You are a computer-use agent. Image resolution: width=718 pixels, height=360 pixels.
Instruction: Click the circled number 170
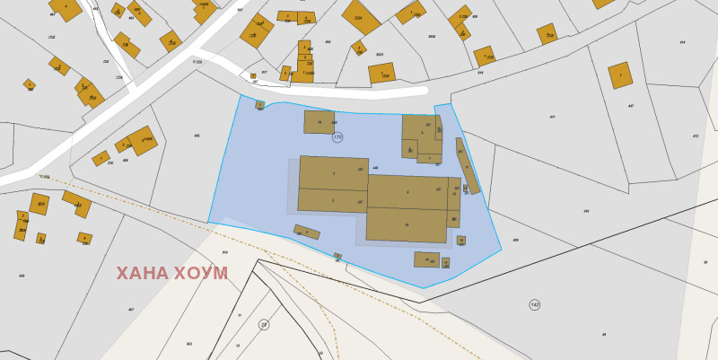click(x=337, y=137)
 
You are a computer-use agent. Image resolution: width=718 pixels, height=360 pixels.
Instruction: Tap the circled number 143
click(x=535, y=305)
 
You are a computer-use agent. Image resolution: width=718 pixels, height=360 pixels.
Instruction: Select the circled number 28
click(x=264, y=325)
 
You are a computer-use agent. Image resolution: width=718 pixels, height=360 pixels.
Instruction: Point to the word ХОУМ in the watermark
click(x=201, y=274)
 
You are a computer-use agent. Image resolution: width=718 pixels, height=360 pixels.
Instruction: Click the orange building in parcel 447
click(x=620, y=75)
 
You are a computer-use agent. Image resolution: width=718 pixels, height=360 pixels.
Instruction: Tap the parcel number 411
click(x=552, y=117)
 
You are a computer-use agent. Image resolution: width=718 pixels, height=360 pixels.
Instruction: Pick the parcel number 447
click(x=631, y=106)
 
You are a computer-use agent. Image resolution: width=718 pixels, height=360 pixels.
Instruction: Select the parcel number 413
click(x=696, y=136)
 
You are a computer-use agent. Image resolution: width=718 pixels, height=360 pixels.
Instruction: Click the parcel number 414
click(x=682, y=42)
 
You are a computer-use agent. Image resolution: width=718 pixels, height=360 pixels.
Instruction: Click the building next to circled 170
click(x=319, y=122)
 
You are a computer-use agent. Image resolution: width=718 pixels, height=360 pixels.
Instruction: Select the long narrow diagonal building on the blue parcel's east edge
click(x=467, y=165)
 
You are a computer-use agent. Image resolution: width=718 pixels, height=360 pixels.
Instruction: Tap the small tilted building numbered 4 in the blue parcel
click(x=307, y=232)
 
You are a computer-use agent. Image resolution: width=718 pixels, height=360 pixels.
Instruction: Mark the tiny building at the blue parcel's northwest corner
click(x=259, y=105)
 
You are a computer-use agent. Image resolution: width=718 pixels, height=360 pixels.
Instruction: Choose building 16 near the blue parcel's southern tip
click(x=426, y=259)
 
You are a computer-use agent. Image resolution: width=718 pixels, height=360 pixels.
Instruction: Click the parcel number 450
click(x=586, y=211)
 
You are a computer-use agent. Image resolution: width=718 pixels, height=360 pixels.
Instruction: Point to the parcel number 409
click(x=515, y=240)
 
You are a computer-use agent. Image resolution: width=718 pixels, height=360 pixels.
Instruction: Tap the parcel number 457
click(x=131, y=310)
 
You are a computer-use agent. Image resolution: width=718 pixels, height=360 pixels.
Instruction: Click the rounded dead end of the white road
click(x=422, y=91)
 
